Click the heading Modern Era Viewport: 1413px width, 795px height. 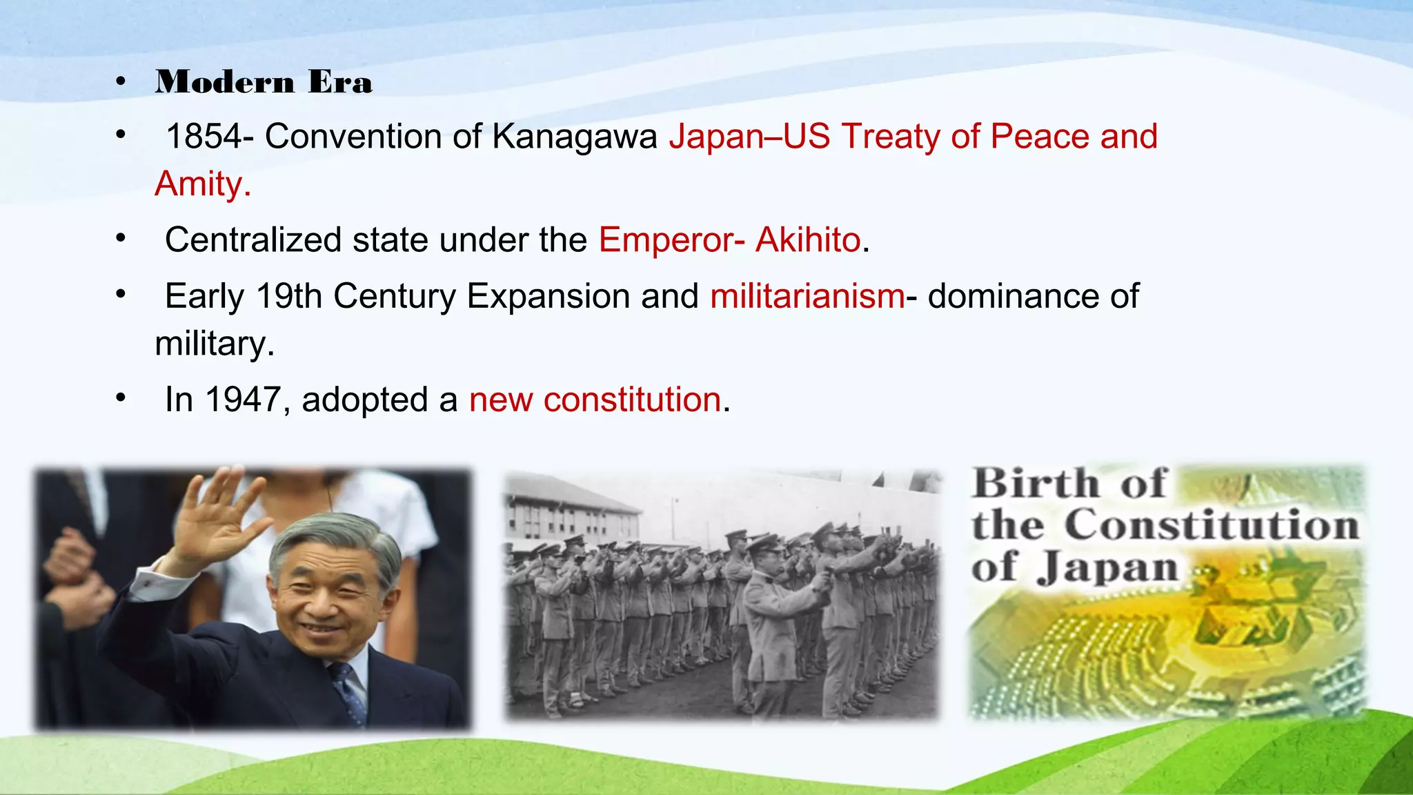pos(264,82)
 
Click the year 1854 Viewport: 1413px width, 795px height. pos(204,136)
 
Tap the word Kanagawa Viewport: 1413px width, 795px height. pos(575,136)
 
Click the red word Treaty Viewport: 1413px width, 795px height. pos(890,136)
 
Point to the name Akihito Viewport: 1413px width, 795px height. pos(808,240)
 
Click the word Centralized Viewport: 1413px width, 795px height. pos(253,240)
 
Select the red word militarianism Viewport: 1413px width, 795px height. pos(807,296)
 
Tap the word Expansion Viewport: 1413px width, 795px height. pos(549,296)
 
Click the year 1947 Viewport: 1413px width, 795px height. pos(243,400)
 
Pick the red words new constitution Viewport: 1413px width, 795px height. pos(595,400)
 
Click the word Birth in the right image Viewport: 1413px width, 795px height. pos(1036,483)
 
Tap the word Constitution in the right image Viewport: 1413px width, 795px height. pos(1212,526)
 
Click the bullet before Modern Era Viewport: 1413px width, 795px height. pos(121,82)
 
